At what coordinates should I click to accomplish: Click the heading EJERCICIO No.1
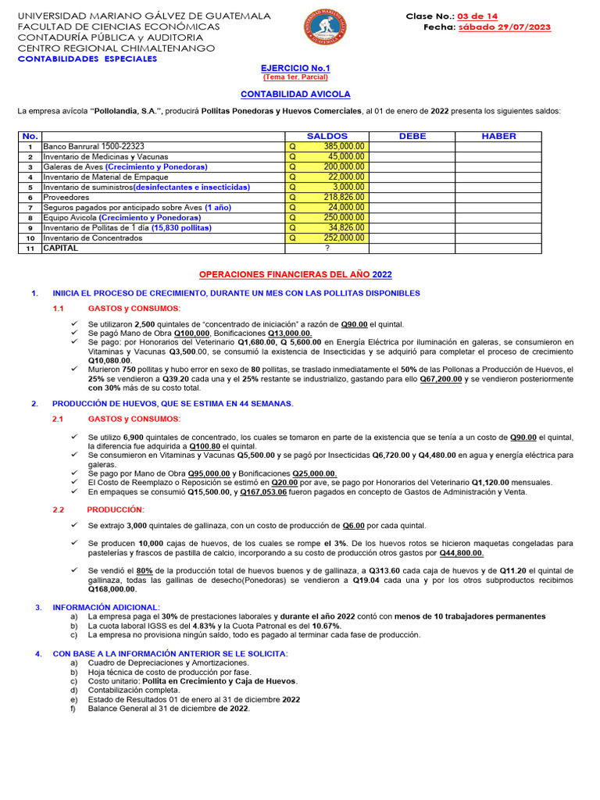pos(295,69)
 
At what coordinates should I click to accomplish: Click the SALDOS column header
pos(327,136)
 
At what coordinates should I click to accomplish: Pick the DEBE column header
pos(412,136)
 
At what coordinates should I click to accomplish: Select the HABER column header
pos(498,136)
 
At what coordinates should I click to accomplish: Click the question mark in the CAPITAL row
pos(327,248)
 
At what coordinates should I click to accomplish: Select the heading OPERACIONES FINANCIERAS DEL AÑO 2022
pos(295,275)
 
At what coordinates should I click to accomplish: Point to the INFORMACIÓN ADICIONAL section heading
pos(105,607)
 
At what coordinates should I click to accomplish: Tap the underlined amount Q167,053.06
pos(263,492)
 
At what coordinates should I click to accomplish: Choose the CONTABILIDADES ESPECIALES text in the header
pos(87,59)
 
